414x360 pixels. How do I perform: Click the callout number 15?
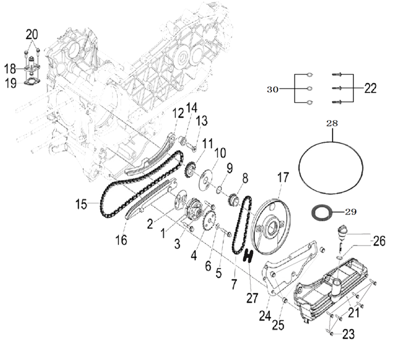82,203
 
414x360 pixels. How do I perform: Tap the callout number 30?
274,89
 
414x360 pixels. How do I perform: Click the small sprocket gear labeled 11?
188,171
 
